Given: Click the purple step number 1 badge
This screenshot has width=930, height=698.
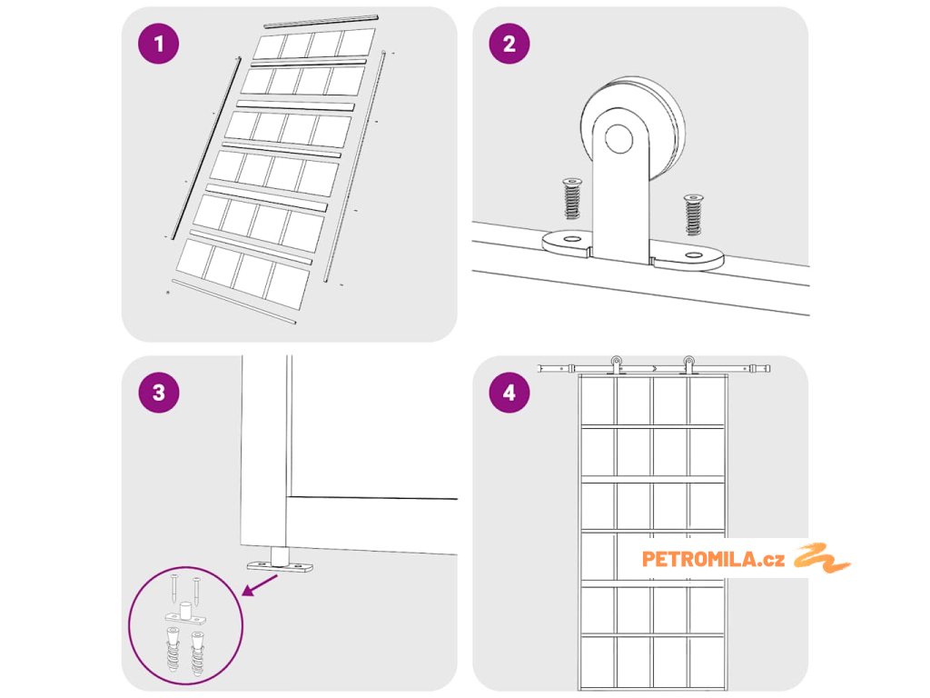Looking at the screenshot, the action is click(160, 45).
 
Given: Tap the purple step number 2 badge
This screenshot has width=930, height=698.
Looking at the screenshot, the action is click(509, 45).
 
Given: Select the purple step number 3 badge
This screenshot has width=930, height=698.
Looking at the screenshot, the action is click(160, 393).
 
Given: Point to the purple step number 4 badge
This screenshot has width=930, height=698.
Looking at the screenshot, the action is click(509, 393).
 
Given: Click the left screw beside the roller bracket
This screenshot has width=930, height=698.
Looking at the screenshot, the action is click(572, 199).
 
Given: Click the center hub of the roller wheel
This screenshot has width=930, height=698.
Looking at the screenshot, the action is click(620, 139).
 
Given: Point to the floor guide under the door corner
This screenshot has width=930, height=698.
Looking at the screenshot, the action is click(280, 563).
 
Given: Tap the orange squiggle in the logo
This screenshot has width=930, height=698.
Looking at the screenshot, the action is click(822, 558).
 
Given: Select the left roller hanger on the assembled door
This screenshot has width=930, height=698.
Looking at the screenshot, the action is click(617, 364).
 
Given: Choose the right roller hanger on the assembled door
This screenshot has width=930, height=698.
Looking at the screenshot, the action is click(688, 364).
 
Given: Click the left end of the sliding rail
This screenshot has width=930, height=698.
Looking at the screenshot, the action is click(543, 368).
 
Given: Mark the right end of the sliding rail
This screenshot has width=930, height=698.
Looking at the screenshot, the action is click(767, 369).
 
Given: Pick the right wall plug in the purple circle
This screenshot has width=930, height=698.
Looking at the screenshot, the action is click(196, 649).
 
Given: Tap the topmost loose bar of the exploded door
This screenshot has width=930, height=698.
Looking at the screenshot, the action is click(321, 20).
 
